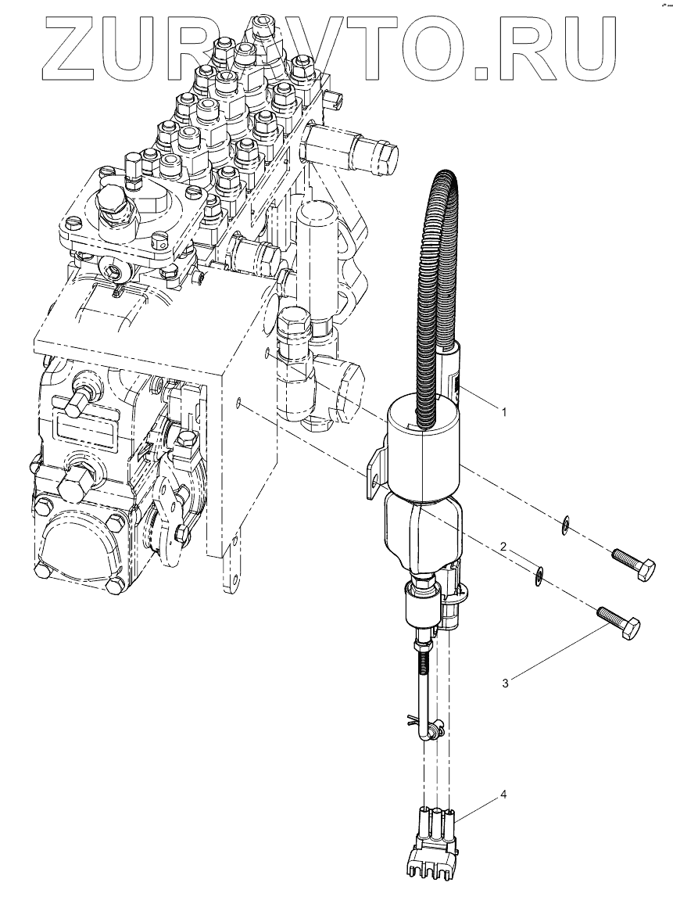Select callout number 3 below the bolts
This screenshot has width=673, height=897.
click(506, 683)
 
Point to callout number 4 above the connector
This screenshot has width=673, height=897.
click(503, 795)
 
